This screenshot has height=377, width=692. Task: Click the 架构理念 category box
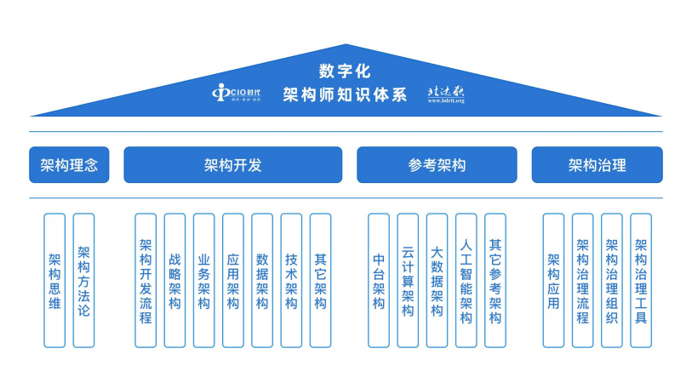(69, 165)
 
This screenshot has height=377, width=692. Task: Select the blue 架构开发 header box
(232, 165)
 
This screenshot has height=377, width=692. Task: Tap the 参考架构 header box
(436, 165)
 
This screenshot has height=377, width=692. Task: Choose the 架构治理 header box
(597, 165)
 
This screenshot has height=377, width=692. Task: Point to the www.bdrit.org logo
(446, 94)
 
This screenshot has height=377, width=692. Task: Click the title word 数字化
(345, 71)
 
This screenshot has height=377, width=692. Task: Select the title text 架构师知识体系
(345, 94)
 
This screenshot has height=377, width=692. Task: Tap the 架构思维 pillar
(54, 280)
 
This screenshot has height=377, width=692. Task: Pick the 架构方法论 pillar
(83, 280)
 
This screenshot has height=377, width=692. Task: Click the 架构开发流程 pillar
(146, 280)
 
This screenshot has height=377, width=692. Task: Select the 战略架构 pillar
(174, 280)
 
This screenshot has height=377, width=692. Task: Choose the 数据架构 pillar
(262, 280)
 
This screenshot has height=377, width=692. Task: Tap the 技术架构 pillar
(291, 280)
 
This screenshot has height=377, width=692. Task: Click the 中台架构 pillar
(379, 280)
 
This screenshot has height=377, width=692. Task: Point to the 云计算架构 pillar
(408, 280)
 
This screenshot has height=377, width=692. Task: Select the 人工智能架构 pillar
(466, 280)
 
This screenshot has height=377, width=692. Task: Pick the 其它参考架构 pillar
(495, 280)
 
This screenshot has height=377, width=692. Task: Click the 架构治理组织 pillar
(611, 280)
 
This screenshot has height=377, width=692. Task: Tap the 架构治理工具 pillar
(640, 280)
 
